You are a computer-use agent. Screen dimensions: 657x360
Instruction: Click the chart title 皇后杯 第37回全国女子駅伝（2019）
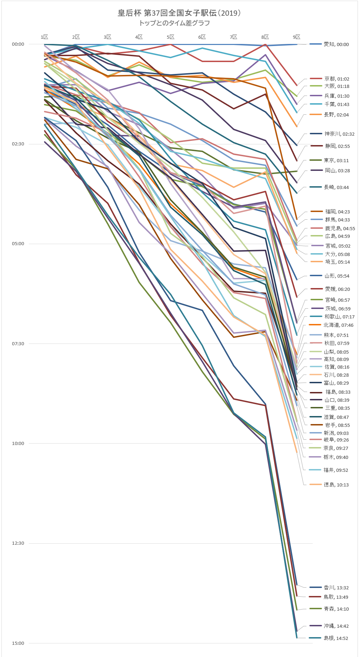(x=179, y=13)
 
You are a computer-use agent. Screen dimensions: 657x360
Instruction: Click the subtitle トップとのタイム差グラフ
(x=174, y=23)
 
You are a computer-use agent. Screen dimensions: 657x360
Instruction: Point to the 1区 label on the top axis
(x=44, y=37)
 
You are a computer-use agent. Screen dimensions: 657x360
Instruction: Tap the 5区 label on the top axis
(x=170, y=37)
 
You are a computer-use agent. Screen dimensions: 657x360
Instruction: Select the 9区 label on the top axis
(x=297, y=37)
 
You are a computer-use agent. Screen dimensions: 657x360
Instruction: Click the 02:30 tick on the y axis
(x=18, y=144)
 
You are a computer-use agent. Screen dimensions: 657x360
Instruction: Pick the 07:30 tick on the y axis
(x=18, y=344)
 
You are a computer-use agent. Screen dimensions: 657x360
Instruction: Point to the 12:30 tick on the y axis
(x=18, y=543)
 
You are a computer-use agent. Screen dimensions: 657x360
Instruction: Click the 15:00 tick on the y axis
(x=18, y=643)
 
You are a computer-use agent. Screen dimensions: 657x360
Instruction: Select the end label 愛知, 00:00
(x=336, y=44)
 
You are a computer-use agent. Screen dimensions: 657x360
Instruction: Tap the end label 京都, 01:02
(x=337, y=79)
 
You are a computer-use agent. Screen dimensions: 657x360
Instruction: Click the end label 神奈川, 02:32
(x=339, y=134)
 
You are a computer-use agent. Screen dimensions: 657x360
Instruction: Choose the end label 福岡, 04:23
(x=337, y=211)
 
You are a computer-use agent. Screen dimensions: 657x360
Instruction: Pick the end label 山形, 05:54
(x=337, y=276)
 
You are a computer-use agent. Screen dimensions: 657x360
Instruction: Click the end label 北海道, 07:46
(x=338, y=325)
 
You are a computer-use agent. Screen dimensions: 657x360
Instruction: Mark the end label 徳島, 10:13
(x=336, y=485)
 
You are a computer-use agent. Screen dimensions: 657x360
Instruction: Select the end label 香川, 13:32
(x=336, y=588)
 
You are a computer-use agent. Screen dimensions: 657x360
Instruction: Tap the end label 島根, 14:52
(x=336, y=638)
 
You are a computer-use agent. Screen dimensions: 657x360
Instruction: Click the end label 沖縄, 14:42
(x=336, y=626)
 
